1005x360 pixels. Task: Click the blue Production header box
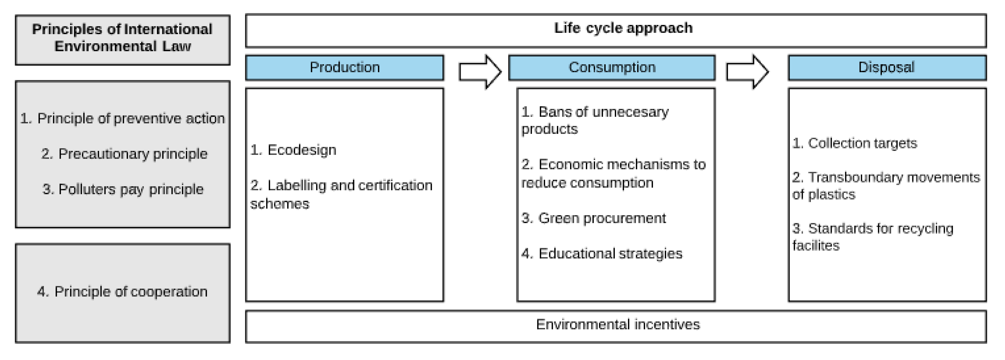pos(345,67)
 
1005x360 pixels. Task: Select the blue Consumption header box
pos(612,67)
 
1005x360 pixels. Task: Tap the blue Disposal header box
pos(887,67)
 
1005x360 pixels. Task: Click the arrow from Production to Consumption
pos(479,72)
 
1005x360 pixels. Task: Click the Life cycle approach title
pos(623,28)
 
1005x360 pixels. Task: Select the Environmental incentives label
pos(618,324)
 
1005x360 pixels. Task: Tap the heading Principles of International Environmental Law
pos(123,38)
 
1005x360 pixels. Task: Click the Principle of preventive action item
pos(123,118)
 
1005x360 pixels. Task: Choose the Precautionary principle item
pos(124,154)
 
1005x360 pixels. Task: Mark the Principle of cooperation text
pos(123,292)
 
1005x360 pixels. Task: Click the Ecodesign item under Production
pos(293,150)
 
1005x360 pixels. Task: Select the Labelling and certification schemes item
pos(341,194)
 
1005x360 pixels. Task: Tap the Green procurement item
pos(593,218)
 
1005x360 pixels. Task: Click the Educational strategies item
pos(602,254)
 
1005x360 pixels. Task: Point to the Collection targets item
pos(854,143)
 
